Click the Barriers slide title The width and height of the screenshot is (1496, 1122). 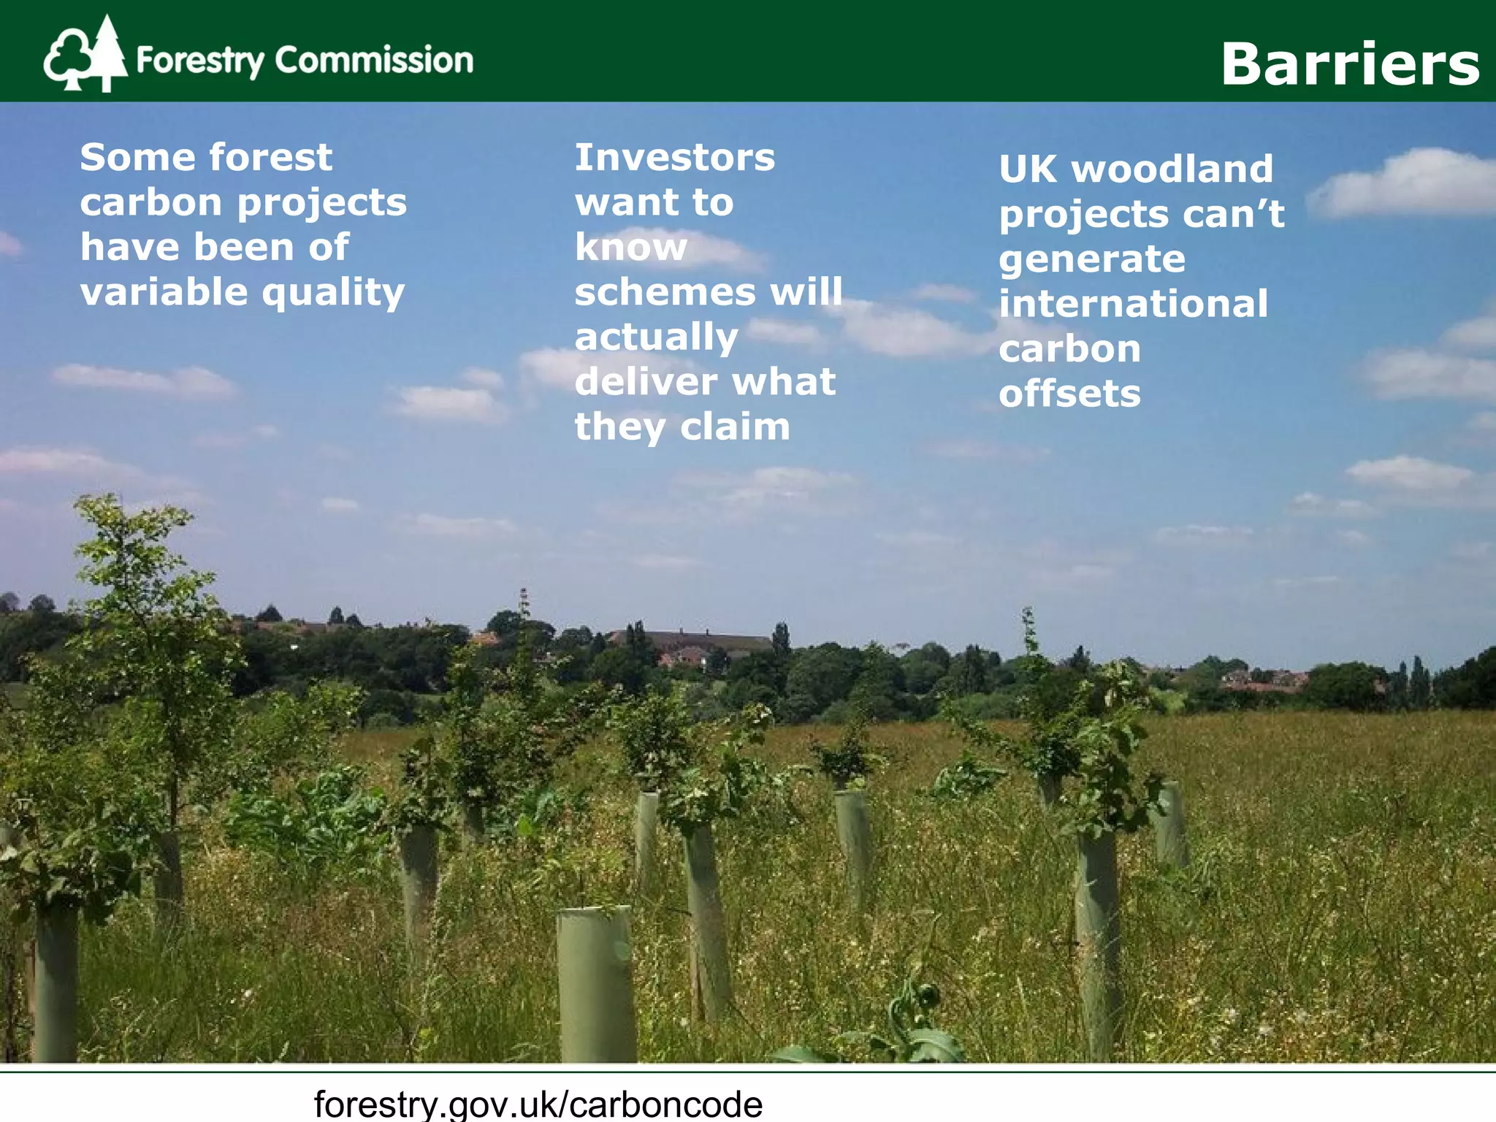(x=1350, y=64)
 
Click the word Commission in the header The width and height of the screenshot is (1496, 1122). (x=374, y=60)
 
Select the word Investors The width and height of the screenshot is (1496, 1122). (x=674, y=158)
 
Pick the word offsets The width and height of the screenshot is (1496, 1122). (x=1069, y=394)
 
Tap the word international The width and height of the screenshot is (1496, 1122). (x=1133, y=304)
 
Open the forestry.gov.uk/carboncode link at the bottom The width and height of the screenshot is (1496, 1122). (x=538, y=1103)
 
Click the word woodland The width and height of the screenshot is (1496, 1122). (x=1172, y=169)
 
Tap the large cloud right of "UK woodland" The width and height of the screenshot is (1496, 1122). (x=1406, y=183)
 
